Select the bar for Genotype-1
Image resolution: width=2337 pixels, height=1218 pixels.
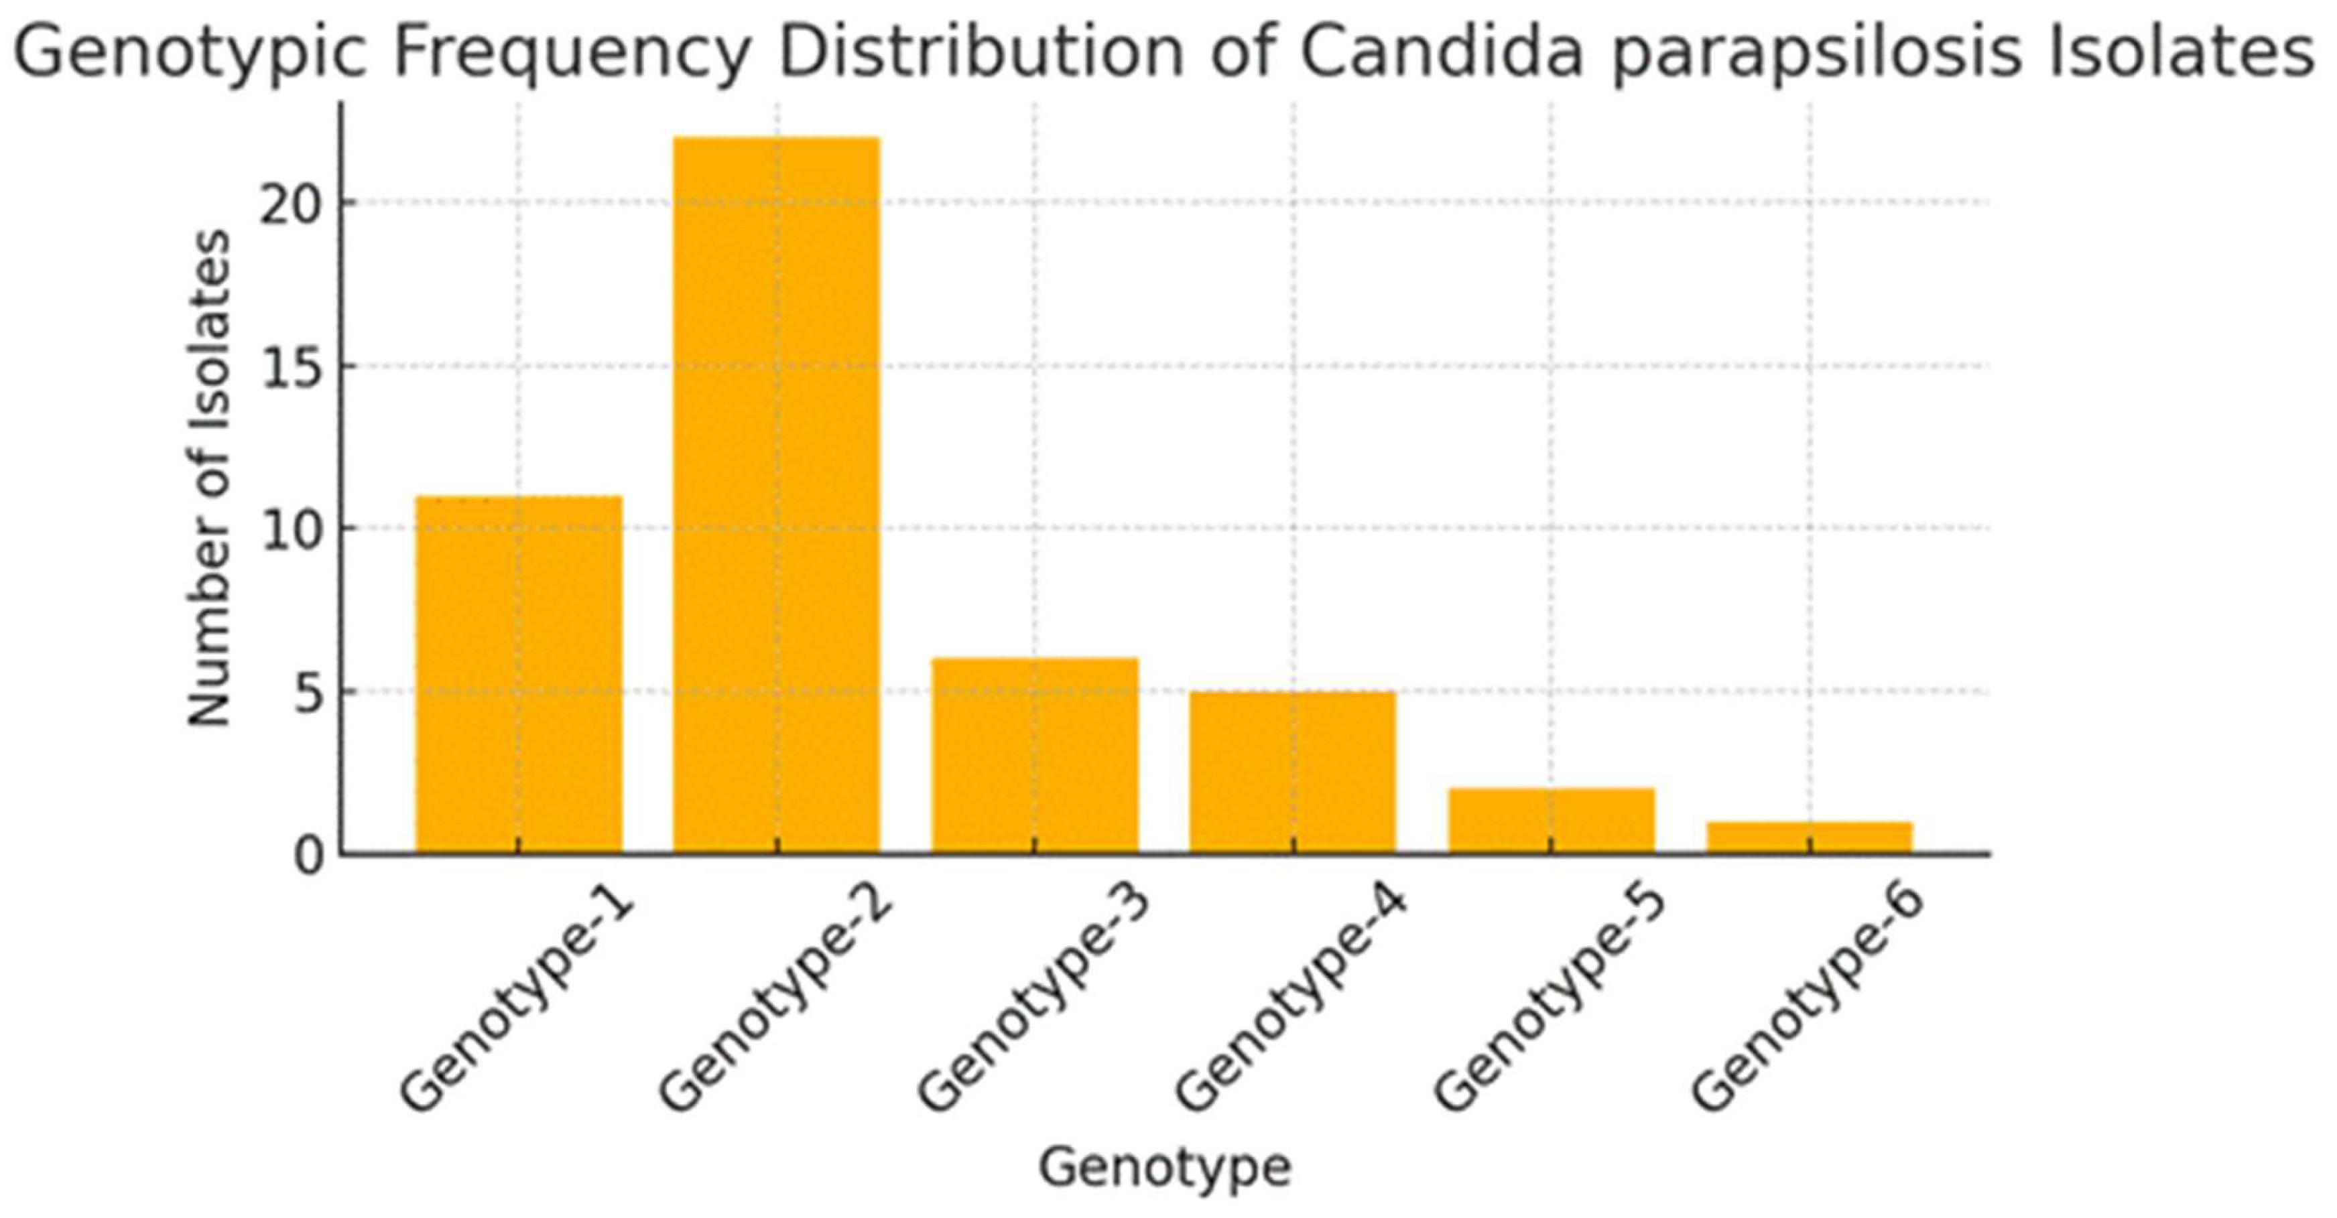point(518,675)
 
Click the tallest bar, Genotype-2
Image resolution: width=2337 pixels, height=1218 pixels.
point(777,496)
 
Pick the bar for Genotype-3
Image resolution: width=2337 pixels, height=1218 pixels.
point(1035,756)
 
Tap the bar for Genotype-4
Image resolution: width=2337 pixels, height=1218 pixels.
point(1293,772)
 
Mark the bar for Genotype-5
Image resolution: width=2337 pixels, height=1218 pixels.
point(1552,821)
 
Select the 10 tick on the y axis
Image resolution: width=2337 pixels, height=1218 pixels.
point(292,531)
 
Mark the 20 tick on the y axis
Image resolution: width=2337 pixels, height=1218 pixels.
point(292,206)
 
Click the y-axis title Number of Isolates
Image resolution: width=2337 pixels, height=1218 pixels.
point(208,478)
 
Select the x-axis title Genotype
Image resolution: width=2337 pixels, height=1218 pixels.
point(1164,1167)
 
